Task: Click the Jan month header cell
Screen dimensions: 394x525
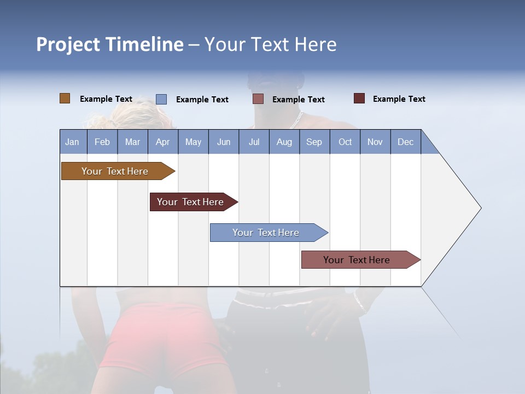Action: click(72, 142)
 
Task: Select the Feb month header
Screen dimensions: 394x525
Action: click(102, 142)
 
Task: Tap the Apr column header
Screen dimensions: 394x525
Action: click(162, 142)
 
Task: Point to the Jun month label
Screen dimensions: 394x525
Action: click(224, 142)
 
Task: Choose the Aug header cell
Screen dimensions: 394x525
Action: click(284, 142)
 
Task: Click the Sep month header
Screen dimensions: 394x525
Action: click(314, 142)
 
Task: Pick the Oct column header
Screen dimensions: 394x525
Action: click(345, 142)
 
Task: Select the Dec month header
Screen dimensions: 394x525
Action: click(405, 142)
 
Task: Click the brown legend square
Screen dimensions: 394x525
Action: click(65, 99)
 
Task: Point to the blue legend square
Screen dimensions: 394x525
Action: click(161, 99)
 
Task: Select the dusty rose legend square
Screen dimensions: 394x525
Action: click(258, 99)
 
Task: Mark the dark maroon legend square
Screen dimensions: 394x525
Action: click(359, 99)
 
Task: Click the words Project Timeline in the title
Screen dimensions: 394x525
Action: click(110, 44)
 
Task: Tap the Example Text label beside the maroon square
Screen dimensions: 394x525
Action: click(399, 99)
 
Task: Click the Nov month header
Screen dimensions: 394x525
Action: click(375, 142)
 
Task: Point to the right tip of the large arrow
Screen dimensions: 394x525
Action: click(480, 208)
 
